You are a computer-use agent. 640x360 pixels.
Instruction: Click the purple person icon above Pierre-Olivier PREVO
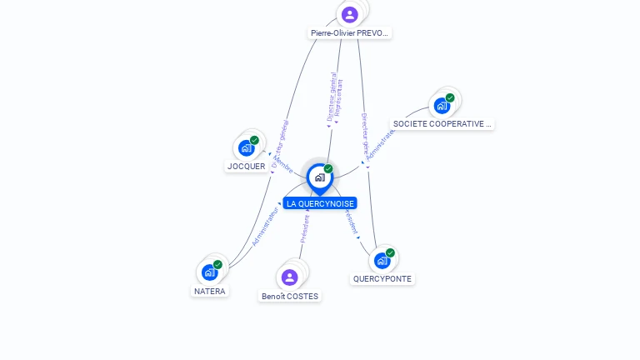click(x=350, y=14)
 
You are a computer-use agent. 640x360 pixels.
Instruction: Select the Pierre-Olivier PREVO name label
click(x=349, y=33)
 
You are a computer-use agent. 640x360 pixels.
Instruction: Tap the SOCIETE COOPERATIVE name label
click(x=442, y=124)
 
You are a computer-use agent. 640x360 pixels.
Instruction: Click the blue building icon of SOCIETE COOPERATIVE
click(x=441, y=106)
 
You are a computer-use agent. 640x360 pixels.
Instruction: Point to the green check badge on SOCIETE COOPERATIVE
click(x=450, y=97)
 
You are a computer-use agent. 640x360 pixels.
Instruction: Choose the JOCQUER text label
click(x=247, y=167)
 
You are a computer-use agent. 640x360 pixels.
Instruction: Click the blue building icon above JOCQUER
click(x=246, y=148)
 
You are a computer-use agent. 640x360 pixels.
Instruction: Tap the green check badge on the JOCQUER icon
click(x=254, y=140)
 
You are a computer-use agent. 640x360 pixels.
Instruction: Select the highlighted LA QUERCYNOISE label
click(x=320, y=203)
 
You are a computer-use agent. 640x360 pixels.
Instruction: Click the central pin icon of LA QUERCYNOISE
click(x=319, y=177)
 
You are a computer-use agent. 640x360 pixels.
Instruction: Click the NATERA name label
click(x=210, y=292)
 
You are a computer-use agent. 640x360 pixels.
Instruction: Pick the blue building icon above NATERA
click(x=209, y=272)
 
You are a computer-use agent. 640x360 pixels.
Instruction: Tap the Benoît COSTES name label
click(x=290, y=296)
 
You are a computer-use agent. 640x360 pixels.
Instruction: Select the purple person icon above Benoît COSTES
click(x=290, y=277)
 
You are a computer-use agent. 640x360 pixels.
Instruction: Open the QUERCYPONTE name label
click(x=382, y=279)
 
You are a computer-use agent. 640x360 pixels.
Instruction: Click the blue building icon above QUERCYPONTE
click(x=382, y=260)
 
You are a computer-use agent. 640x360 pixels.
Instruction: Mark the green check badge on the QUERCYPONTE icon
click(x=390, y=252)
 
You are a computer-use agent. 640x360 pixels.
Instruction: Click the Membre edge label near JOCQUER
click(x=282, y=163)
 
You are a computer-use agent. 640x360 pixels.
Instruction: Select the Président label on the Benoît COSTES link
click(x=305, y=228)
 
